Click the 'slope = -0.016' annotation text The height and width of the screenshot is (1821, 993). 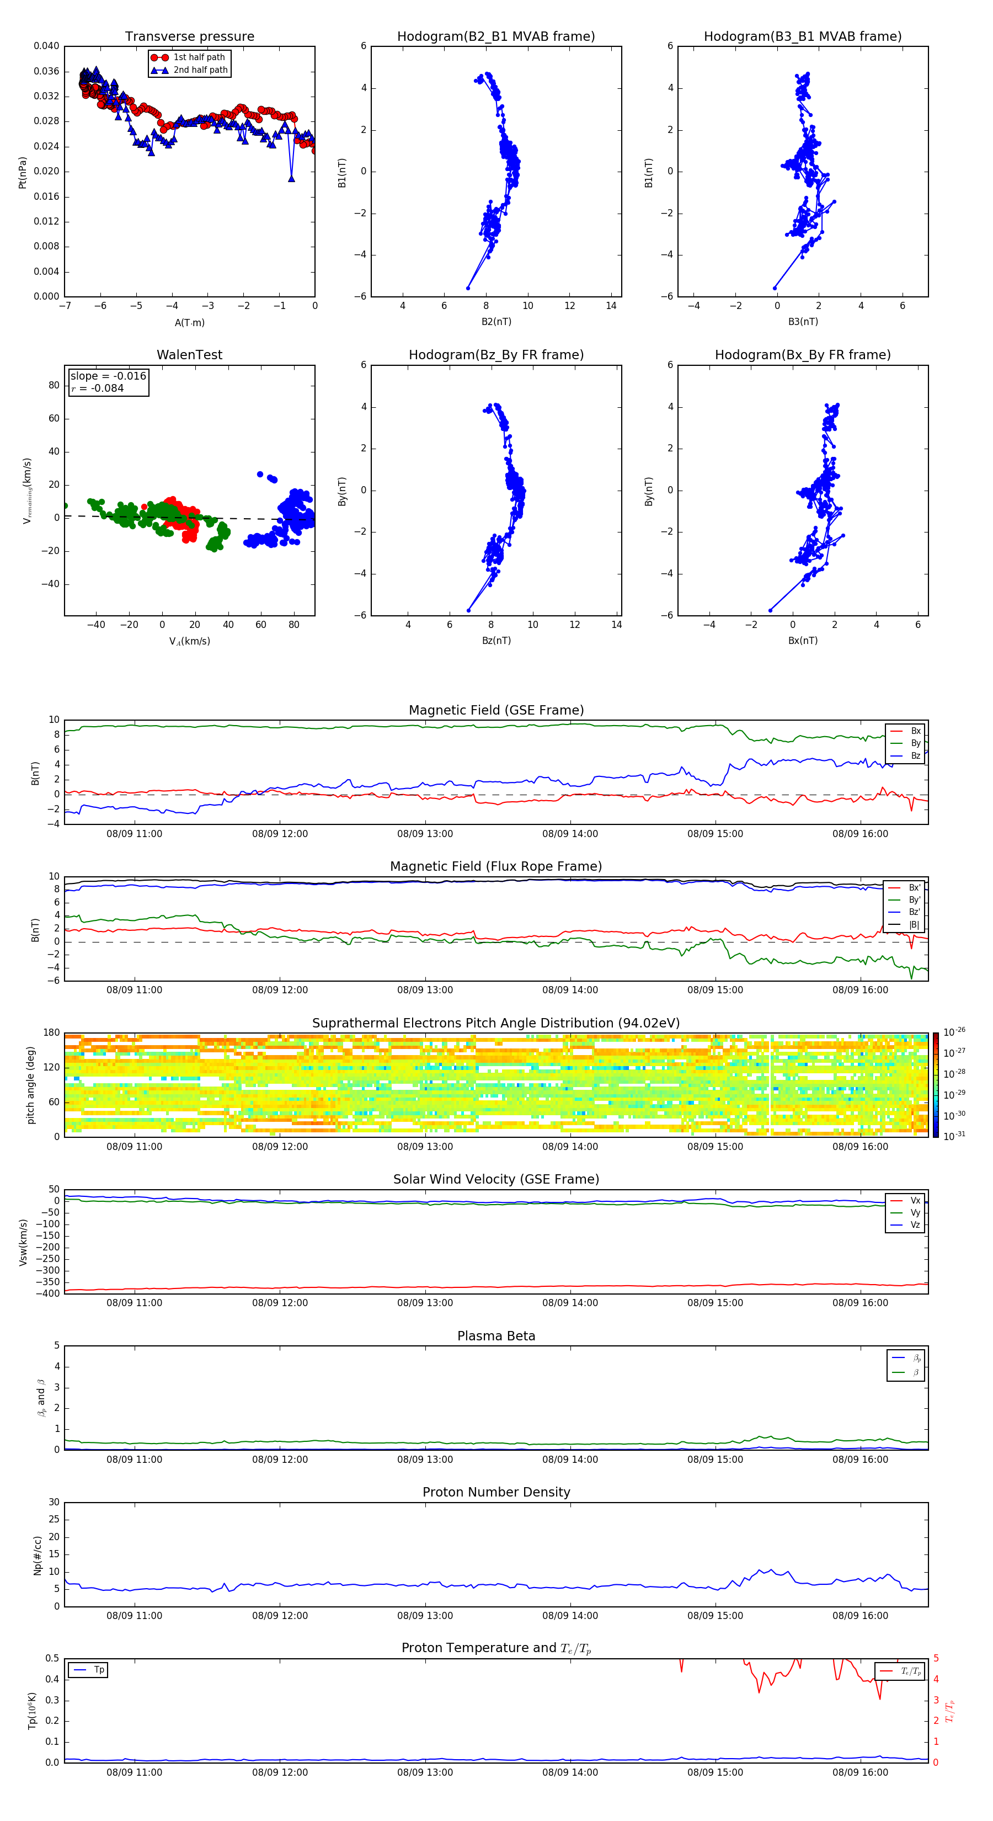click(108, 376)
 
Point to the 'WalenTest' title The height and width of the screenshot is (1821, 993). click(189, 355)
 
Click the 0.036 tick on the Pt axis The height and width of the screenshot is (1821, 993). click(47, 71)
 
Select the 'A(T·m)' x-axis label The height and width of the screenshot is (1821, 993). click(189, 323)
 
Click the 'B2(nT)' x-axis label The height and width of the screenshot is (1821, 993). click(496, 322)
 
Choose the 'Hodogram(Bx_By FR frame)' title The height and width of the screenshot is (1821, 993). click(802, 355)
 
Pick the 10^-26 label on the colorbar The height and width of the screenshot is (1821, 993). click(954, 1032)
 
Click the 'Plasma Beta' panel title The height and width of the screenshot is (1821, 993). click(496, 1336)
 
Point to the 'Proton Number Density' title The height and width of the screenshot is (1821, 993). click(496, 1492)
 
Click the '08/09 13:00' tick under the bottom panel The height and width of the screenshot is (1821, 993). click(425, 1772)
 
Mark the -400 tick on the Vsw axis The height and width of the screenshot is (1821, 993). click(47, 1293)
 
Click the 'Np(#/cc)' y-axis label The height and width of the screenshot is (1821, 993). click(38, 1555)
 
